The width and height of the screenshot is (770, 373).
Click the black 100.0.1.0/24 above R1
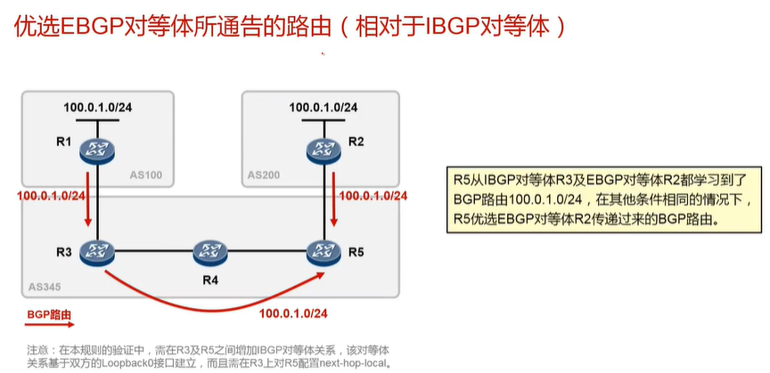[98, 108]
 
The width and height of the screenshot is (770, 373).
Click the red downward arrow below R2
[334, 211]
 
